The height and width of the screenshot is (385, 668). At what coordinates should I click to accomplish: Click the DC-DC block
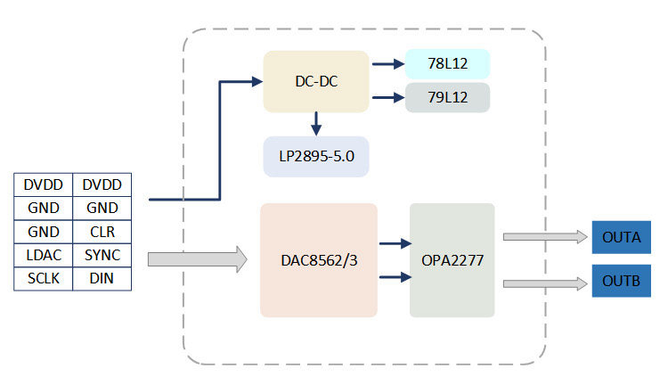(316, 81)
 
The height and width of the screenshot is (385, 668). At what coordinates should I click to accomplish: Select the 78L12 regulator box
(448, 63)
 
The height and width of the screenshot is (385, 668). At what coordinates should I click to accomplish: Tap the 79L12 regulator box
(448, 97)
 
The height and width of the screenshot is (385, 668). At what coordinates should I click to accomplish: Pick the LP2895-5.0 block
(316, 156)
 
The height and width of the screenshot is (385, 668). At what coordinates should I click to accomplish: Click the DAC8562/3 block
(318, 260)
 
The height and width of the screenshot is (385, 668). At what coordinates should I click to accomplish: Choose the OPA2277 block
(452, 260)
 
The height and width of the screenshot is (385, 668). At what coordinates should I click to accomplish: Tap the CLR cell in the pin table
(102, 232)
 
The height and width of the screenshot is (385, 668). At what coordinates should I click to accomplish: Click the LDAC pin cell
(43, 256)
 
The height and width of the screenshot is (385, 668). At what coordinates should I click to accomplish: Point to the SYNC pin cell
(102, 256)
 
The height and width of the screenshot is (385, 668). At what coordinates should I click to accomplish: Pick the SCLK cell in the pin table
(43, 279)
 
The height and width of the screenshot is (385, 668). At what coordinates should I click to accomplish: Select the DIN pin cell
(102, 279)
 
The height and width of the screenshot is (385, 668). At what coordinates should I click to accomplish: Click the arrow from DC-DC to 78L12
(386, 64)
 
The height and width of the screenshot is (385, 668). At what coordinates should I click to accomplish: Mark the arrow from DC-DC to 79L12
(386, 97)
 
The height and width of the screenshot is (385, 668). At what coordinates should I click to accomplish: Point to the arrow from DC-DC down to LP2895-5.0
(315, 123)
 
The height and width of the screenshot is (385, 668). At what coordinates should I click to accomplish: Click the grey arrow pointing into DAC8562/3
(197, 259)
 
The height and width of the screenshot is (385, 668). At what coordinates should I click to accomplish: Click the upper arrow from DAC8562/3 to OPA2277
(394, 242)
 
